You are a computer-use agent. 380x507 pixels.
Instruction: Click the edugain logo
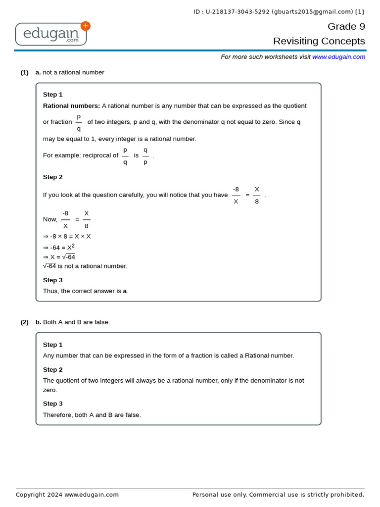tap(51, 34)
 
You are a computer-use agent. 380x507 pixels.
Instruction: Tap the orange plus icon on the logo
tap(86, 26)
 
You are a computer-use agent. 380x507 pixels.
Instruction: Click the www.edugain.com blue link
tap(338, 57)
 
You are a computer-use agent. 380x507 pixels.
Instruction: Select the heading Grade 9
tap(346, 26)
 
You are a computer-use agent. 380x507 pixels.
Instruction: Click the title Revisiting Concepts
tap(319, 41)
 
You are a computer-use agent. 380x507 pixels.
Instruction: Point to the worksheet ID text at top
tap(279, 12)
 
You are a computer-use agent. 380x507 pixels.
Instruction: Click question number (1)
tap(24, 72)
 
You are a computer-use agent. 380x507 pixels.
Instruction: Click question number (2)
tap(24, 322)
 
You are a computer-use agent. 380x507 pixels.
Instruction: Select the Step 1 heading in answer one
tap(53, 95)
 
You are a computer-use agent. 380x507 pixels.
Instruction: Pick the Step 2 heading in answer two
tap(53, 369)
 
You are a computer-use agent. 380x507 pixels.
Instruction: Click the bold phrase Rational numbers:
tap(71, 106)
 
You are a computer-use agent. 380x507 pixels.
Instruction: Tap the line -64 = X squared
tap(59, 247)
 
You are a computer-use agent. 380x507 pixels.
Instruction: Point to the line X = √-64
tap(59, 257)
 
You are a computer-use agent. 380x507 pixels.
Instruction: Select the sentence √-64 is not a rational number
tap(85, 266)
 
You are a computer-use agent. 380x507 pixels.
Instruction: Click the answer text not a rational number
tap(73, 72)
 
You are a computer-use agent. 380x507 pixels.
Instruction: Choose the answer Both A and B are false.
tap(76, 322)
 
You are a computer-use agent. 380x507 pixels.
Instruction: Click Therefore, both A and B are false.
tap(92, 415)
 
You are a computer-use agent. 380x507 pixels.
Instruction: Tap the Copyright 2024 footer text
tap(67, 495)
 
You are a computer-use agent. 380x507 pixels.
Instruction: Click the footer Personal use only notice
tap(278, 495)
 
